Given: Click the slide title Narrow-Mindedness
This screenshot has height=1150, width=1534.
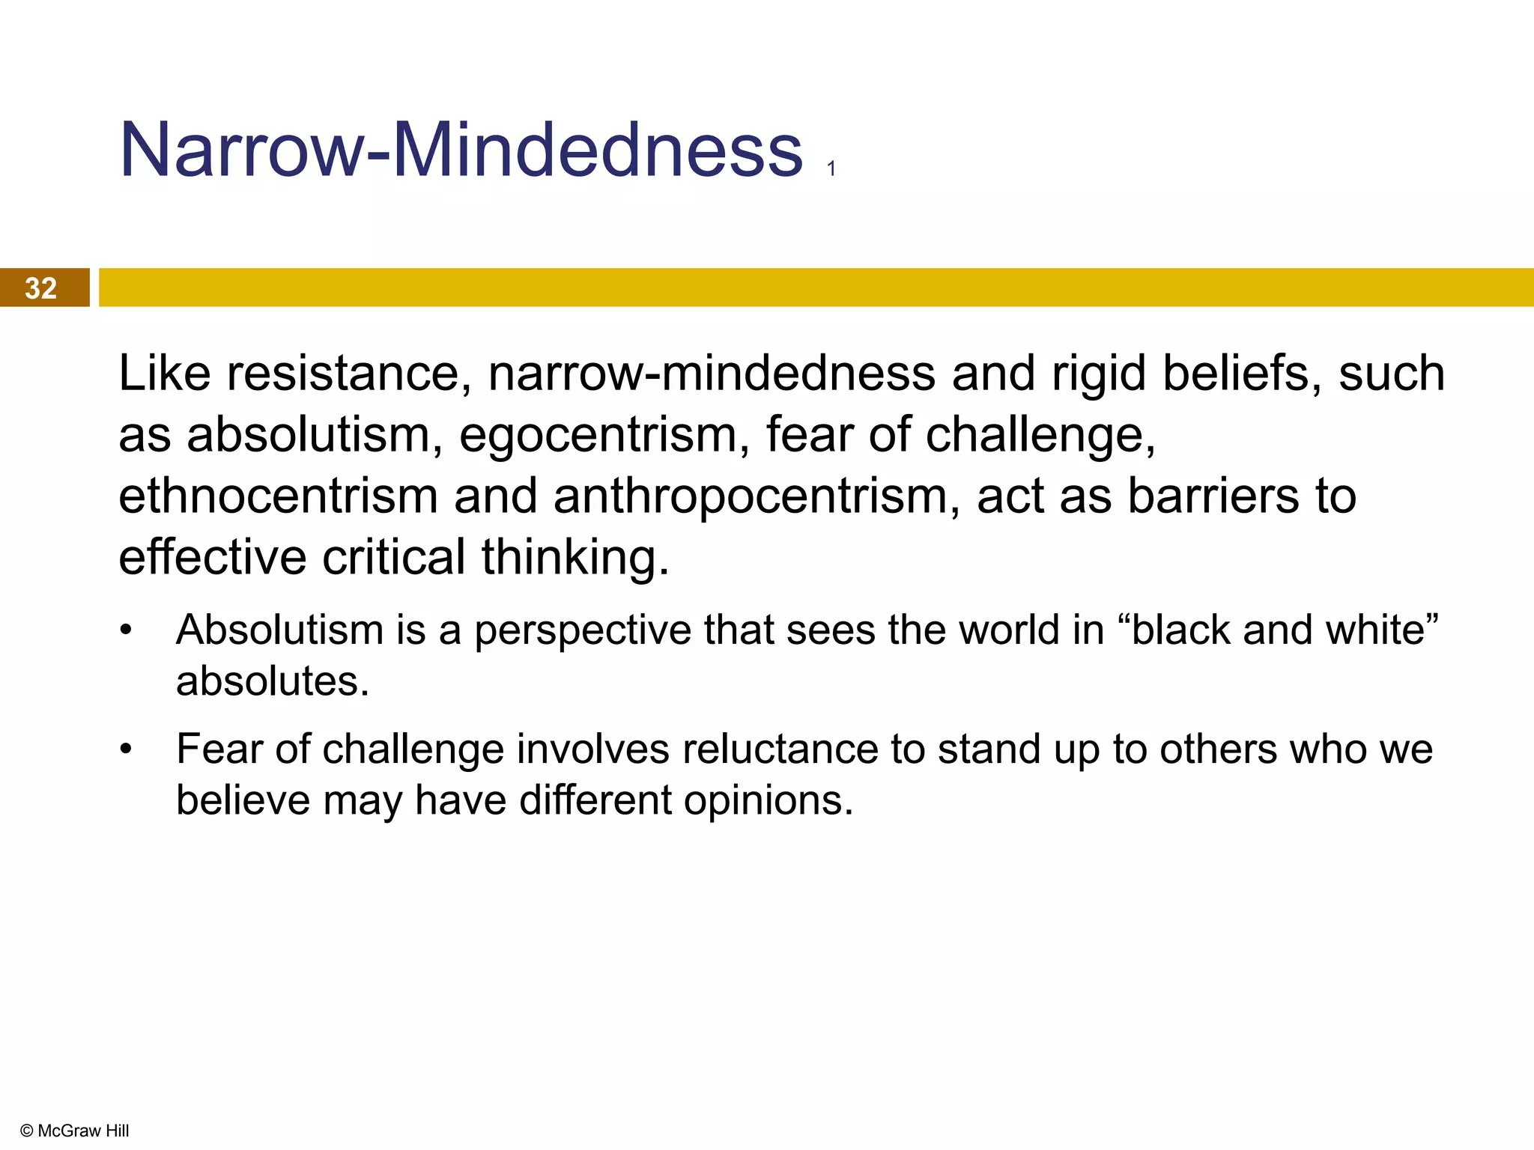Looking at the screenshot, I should click(461, 150).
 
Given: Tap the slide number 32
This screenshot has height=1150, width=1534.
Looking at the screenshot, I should click(40, 288).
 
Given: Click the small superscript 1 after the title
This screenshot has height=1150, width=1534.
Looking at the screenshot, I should click(831, 169).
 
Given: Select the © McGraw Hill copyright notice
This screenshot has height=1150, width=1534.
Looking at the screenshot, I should click(75, 1131).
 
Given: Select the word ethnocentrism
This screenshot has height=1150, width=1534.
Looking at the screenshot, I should click(278, 496).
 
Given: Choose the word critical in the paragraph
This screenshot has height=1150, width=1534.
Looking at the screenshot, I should click(394, 557).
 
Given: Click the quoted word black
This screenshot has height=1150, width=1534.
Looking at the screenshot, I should click(1180, 629).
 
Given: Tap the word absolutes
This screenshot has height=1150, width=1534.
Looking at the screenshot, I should click(273, 681).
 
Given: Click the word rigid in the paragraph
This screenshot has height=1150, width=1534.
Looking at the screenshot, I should click(1099, 373).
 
